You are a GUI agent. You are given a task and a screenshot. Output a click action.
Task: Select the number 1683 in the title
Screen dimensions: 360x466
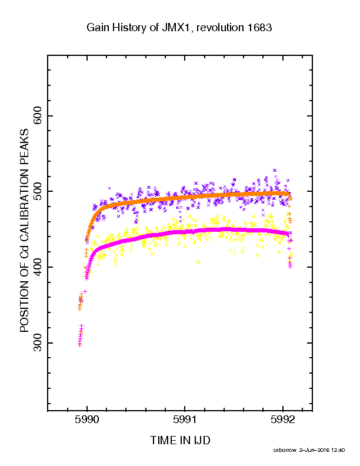(259, 27)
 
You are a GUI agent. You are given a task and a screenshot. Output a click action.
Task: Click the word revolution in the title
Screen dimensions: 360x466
(221, 27)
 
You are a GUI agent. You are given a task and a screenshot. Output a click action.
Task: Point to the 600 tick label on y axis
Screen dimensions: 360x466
(38, 115)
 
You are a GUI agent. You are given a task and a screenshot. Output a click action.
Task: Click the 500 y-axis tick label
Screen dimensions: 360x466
(38, 191)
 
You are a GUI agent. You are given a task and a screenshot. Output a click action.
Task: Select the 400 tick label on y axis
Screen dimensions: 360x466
(38, 267)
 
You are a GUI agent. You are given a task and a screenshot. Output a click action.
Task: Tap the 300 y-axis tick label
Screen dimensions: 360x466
(38, 343)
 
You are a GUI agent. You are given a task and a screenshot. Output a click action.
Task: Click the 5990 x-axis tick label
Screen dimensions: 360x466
(86, 420)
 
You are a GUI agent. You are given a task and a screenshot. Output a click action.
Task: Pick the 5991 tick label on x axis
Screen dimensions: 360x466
(185, 420)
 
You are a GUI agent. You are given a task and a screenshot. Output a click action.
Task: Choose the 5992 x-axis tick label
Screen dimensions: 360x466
(283, 420)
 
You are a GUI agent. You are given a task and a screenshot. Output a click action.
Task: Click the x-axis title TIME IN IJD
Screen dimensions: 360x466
(180, 440)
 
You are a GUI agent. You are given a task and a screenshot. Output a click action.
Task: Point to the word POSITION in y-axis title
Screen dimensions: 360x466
(25, 302)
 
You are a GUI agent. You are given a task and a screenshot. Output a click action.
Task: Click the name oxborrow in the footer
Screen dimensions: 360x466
(285, 450)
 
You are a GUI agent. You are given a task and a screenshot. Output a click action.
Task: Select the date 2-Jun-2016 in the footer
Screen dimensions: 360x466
(314, 450)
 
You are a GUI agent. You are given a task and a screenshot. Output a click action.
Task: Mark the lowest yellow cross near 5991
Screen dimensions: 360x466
(198, 262)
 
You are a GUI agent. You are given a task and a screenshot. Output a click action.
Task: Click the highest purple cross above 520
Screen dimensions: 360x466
(275, 170)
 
